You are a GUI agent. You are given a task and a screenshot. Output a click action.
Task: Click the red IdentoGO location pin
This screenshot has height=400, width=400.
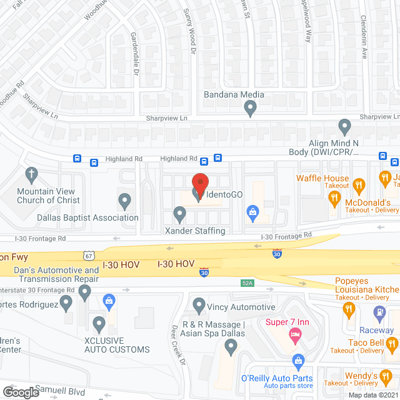199,182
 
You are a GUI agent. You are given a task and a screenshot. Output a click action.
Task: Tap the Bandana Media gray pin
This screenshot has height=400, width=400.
251,109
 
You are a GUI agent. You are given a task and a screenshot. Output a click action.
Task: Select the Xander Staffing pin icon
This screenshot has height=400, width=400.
179,214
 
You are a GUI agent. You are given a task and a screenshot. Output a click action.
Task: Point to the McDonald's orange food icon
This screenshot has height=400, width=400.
334,199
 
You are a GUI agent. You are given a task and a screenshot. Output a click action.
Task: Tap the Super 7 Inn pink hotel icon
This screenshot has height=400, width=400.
294,336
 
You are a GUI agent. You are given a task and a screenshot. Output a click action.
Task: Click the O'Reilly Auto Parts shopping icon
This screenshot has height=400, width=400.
298,361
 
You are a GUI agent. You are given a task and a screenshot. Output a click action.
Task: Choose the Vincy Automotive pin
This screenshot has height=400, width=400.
199,305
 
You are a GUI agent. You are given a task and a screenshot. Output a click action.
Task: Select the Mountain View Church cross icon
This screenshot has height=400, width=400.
31,174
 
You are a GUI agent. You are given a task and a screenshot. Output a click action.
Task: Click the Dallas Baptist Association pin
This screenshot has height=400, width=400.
125,201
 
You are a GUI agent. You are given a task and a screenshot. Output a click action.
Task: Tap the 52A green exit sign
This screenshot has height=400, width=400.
247,283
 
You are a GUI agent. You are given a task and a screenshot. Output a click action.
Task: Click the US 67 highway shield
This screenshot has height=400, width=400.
89,255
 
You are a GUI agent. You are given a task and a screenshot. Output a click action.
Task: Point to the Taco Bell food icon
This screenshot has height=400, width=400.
392,343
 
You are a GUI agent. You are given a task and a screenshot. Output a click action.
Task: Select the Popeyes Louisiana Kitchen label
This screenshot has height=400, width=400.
366,286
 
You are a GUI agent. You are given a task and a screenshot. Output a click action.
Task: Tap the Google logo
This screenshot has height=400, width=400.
20,392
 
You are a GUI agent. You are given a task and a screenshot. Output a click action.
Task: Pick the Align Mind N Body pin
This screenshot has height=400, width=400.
344,127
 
